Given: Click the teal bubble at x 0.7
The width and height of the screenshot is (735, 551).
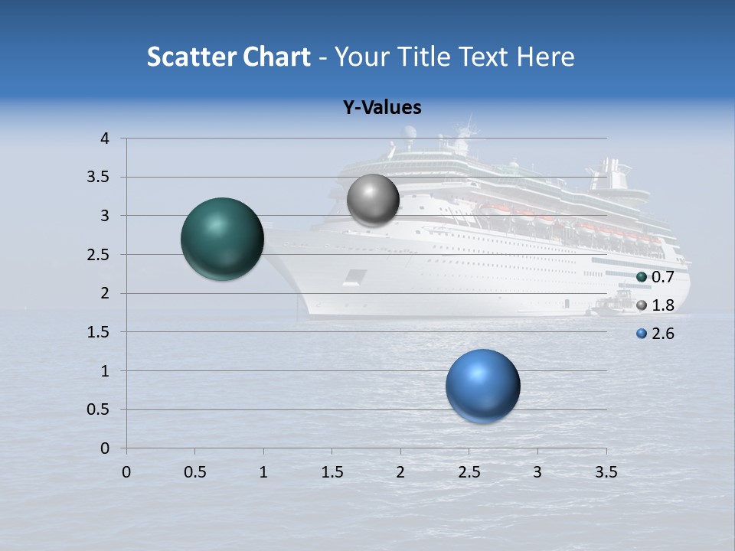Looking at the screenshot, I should click(x=222, y=239).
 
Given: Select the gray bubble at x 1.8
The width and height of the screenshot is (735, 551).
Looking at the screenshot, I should click(x=373, y=201).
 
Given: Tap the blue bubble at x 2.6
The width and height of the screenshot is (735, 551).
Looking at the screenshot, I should click(x=482, y=386).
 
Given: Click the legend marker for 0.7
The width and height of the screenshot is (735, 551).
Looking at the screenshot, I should click(x=642, y=277).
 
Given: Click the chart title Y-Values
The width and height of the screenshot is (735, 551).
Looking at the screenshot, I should click(x=381, y=108).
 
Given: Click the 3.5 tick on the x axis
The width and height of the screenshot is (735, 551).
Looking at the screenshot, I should click(x=606, y=472).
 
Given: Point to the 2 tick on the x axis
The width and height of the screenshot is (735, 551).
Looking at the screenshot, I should click(x=400, y=472).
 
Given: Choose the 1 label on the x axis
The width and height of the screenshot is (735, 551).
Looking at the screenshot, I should click(x=263, y=472).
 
